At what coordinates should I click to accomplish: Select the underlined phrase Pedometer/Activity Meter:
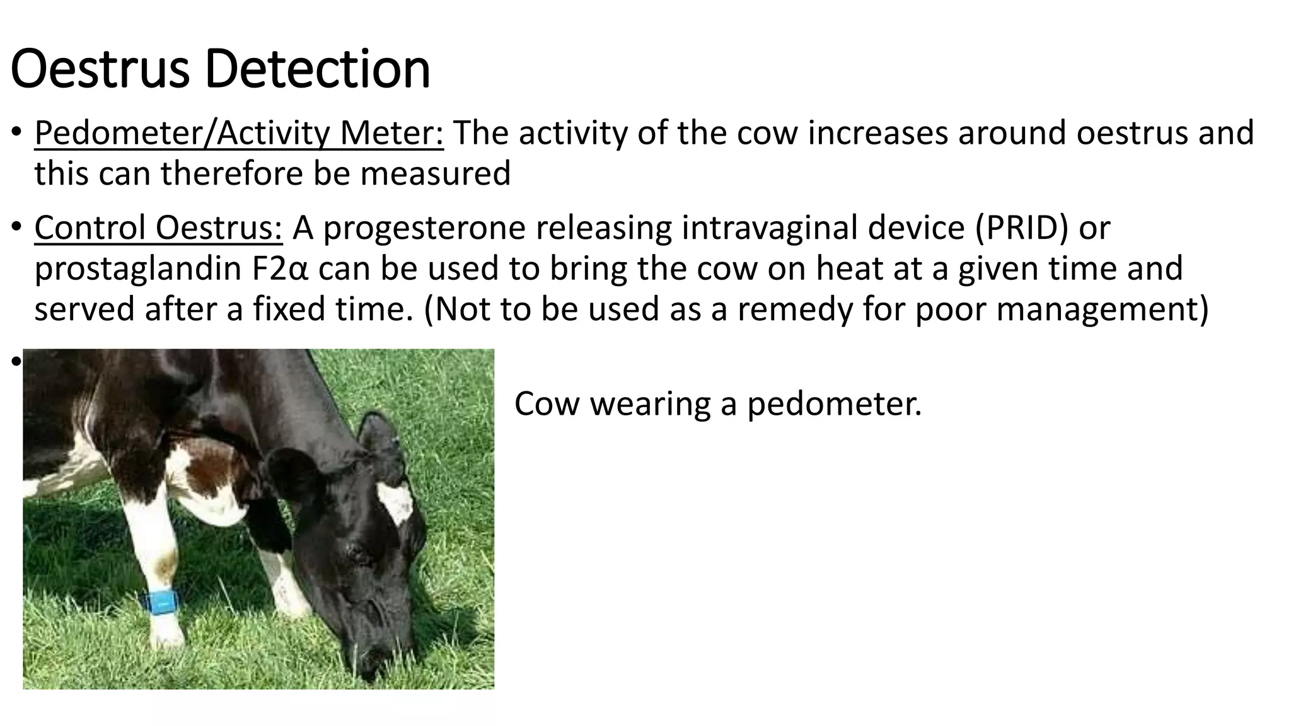[x=239, y=134]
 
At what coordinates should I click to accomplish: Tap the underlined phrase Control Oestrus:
[x=158, y=228]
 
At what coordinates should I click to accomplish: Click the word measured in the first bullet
[x=435, y=174]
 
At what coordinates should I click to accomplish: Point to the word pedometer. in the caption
[x=834, y=404]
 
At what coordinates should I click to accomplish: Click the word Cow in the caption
[x=546, y=404]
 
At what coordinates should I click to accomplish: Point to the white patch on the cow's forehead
[x=396, y=502]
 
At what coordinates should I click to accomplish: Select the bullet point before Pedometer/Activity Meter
[x=17, y=134]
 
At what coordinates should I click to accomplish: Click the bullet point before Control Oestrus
[x=17, y=228]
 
